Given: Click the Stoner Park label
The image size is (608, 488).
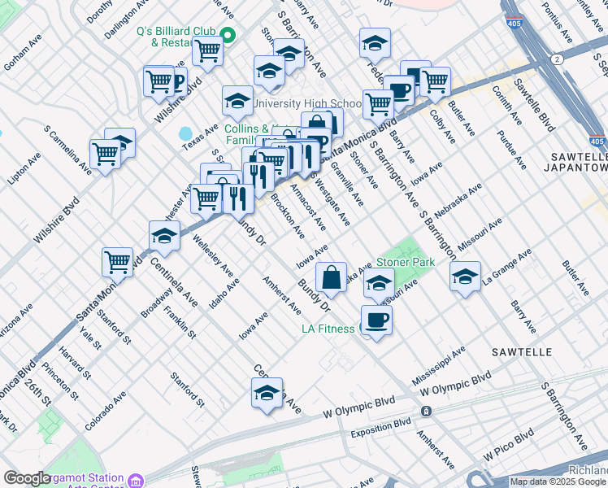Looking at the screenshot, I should click(x=405, y=263).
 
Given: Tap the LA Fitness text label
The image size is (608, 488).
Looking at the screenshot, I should click(x=329, y=329).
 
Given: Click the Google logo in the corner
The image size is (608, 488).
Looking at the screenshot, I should click(x=27, y=478).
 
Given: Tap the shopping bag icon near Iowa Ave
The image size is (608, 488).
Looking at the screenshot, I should click(x=332, y=277).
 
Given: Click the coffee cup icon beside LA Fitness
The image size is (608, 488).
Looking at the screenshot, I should click(x=376, y=319).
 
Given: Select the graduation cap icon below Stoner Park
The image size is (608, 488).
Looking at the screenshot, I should click(x=379, y=284).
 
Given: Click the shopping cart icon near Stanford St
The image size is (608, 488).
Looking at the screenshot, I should click(x=118, y=262).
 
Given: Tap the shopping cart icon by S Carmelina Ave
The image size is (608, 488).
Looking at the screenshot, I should click(x=106, y=152).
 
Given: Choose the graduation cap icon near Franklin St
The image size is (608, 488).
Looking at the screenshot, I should click(x=165, y=236).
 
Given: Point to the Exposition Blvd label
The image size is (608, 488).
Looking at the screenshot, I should click(x=380, y=428).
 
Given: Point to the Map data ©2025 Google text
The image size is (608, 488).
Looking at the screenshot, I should click(x=558, y=481).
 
